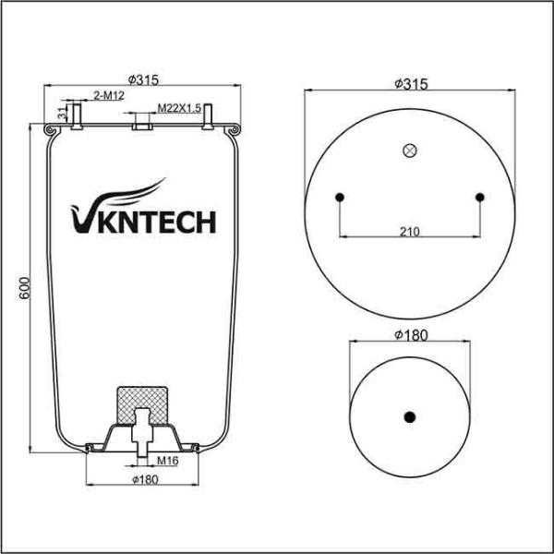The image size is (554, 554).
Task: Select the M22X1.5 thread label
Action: tap(179, 108)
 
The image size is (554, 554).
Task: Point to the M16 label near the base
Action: tap(166, 459)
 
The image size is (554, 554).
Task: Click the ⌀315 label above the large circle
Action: tap(410, 83)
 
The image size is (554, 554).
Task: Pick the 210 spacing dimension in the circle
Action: tap(410, 231)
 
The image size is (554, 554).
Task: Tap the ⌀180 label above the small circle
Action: tap(410, 335)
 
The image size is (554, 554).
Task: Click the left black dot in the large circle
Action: tap(340, 196)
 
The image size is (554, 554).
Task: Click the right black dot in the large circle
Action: tap(481, 196)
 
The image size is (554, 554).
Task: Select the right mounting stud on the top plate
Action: tap(210, 115)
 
